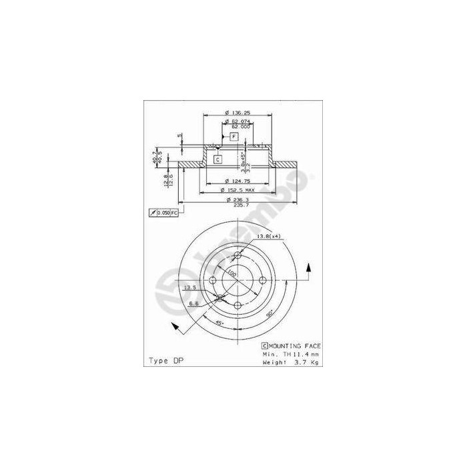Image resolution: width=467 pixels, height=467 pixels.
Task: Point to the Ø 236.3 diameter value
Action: point(238,199)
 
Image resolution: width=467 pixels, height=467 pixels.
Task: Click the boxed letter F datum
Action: point(234,136)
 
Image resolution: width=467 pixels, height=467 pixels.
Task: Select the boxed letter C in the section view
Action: point(218,159)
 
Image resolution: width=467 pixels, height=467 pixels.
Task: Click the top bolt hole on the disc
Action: point(238,255)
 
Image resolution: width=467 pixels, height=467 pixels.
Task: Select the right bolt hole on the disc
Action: point(262,280)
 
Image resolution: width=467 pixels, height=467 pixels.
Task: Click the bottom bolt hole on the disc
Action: point(238,305)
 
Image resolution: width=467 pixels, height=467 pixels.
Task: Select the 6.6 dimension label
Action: point(193,303)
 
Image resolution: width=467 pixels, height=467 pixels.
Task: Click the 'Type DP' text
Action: point(165,360)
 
